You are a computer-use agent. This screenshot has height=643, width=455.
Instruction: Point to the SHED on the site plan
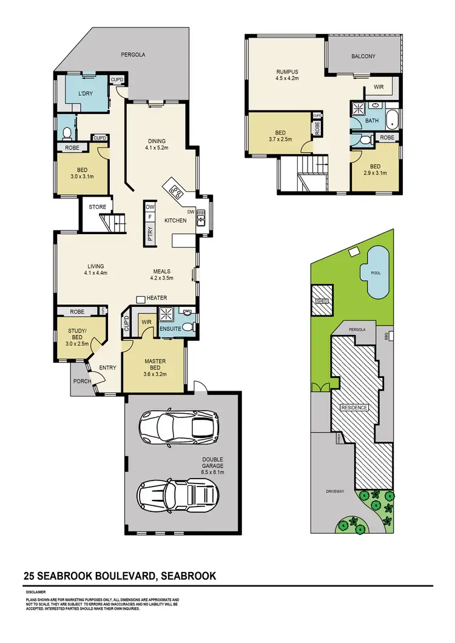322,300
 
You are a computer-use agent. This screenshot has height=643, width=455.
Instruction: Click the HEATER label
156,298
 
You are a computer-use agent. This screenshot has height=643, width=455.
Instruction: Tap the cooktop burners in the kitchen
177,192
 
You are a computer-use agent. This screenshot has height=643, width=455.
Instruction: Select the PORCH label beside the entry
81,382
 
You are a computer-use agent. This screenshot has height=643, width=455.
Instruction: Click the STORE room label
98,207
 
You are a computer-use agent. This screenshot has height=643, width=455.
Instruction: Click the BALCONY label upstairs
363,56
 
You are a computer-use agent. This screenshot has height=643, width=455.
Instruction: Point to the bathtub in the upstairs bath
393,119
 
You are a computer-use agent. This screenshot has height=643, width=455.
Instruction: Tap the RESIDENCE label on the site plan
354,408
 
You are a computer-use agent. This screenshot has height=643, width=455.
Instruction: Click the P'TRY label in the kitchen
149,231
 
